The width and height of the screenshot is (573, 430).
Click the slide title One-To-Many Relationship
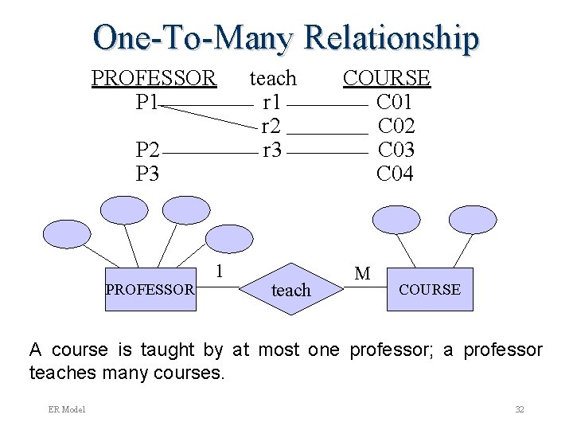[286, 37]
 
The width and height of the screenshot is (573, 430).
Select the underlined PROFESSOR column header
[154, 78]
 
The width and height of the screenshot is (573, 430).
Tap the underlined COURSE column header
[386, 78]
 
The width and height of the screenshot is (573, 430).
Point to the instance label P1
[148, 102]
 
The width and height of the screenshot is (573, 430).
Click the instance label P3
[148, 174]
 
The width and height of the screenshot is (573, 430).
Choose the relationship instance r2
[271, 126]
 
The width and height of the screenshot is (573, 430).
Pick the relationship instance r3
[271, 150]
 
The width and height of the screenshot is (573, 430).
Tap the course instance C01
[395, 102]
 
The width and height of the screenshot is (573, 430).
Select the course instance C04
[395, 174]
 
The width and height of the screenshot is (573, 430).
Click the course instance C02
[396, 126]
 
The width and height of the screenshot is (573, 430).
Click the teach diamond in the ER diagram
[290, 290]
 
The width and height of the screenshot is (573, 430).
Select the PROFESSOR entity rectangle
[150, 289]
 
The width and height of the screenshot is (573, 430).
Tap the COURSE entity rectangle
[429, 289]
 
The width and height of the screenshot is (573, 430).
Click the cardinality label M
[362, 274]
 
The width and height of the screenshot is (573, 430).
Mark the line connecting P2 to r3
[210, 152]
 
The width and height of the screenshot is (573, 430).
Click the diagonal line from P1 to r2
[211, 115]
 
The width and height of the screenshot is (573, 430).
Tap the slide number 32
[519, 409]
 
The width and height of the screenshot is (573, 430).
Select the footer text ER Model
[67, 409]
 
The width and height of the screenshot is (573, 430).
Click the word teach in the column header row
[273, 78]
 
